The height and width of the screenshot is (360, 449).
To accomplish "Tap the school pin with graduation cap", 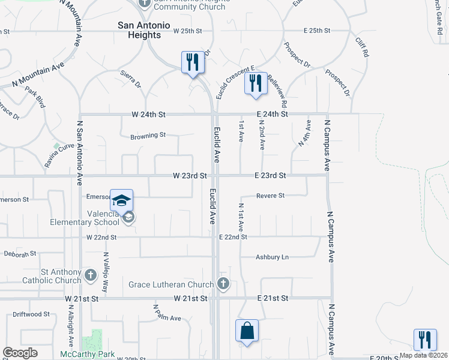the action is pos(121,200).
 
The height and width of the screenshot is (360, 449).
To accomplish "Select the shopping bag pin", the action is pos(247,331).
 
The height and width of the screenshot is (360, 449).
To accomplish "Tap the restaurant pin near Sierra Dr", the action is pos(193,62).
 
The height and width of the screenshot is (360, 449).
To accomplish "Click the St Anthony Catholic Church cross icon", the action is pos(90,276).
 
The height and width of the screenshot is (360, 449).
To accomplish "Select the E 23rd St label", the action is pos(270,176).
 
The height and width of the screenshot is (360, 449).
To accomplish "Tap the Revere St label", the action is pos(270,196).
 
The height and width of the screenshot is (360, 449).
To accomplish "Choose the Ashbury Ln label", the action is pos(272,257).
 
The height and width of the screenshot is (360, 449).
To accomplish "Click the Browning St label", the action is pos(148,136).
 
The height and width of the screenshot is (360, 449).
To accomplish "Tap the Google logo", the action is pos(20,353).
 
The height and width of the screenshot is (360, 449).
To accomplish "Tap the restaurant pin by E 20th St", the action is pos(425,339).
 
